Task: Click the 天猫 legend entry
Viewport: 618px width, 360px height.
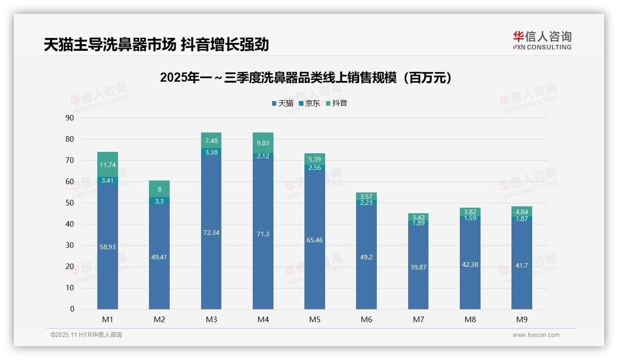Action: click(283, 103)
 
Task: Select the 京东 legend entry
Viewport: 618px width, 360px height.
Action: click(309, 103)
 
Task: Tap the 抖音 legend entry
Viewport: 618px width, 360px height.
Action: click(337, 103)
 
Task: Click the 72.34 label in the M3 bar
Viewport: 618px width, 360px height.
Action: click(211, 233)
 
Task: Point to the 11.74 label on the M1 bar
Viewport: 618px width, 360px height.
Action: click(107, 165)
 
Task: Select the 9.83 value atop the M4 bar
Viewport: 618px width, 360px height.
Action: click(263, 144)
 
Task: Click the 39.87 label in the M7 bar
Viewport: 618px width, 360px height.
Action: click(418, 267)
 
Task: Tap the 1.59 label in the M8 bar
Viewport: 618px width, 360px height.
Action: click(470, 218)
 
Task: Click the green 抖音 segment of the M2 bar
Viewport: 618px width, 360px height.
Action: click(159, 189)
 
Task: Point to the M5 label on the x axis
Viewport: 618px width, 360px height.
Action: click(315, 319)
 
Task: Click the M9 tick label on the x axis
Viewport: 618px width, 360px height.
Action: click(522, 319)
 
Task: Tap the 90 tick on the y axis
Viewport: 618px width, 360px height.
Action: click(70, 118)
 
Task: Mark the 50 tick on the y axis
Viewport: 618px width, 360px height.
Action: click(70, 203)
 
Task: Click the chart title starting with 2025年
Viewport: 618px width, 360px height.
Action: click(306, 78)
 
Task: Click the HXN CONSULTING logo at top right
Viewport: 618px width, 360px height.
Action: click(542, 40)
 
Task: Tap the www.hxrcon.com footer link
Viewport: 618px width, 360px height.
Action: click(536, 335)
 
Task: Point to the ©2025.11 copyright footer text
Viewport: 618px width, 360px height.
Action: click(86, 335)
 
